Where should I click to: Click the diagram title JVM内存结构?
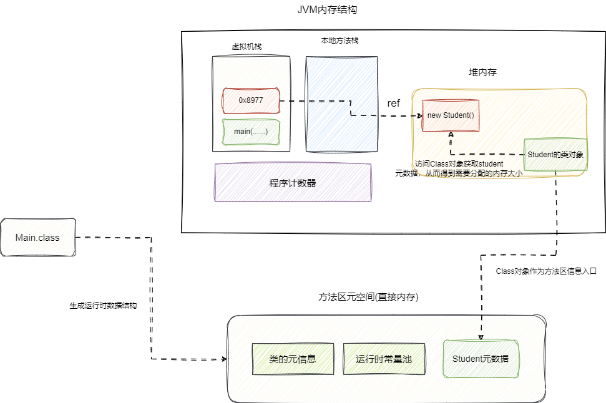(328, 11)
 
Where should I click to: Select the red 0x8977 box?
(251, 100)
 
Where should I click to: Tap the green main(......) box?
(251, 132)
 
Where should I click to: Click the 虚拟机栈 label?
(247, 47)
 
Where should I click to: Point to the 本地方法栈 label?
(340, 41)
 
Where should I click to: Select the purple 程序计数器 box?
(292, 183)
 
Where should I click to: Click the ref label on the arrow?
(393, 104)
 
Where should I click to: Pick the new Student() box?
(451, 115)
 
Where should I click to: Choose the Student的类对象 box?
(555, 155)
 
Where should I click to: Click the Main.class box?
(37, 237)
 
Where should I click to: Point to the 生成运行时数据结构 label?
(103, 306)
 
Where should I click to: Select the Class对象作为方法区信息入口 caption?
(546, 271)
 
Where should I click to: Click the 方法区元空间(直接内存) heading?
(368, 298)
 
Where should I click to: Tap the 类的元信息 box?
(292, 359)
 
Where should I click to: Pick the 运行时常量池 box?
(383, 359)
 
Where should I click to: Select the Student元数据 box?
(480, 359)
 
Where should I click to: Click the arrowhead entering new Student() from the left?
(420, 115)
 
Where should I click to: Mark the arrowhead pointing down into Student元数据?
(481, 336)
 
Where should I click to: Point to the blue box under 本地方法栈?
(341, 104)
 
